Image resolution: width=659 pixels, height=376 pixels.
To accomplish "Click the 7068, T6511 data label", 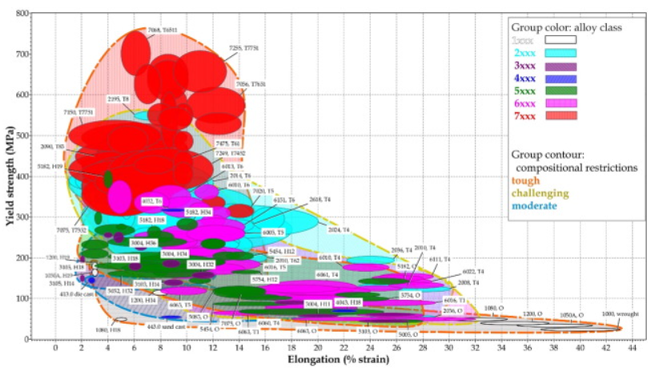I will tap(163, 30).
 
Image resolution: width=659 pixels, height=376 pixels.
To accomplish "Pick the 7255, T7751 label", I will tap(243, 48).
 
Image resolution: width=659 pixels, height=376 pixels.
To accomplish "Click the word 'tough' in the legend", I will tap(526, 180).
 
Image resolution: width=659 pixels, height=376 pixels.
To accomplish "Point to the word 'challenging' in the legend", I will tap(541, 193).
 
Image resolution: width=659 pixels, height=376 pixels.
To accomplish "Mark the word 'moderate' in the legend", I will tap(535, 206).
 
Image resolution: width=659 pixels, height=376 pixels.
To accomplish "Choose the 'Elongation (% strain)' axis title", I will tap(339, 362).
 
